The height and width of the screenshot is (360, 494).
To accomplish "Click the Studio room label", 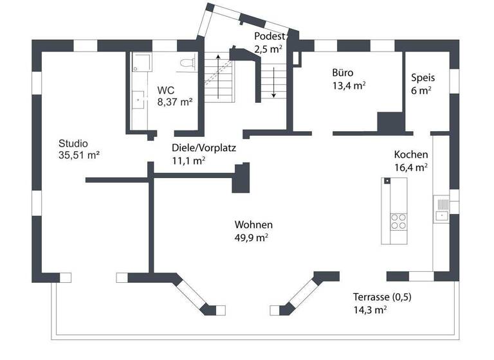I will pos(73,143).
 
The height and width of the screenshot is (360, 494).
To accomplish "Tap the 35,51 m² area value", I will pos(78,155).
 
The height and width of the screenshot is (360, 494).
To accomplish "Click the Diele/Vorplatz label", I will pos(204,148).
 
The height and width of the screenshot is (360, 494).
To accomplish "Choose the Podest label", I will pos(269,36).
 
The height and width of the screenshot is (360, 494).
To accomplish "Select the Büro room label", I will pos(343,73).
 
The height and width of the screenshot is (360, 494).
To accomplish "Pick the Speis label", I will pos(423,78).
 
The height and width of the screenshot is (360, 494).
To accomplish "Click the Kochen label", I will pos(411,155).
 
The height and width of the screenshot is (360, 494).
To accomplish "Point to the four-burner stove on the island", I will pos(399,221).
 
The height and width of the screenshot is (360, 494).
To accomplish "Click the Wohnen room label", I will pos(253,225).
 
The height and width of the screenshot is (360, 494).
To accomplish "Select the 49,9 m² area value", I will pos(252,237).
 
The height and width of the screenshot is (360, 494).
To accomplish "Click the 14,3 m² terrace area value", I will pos(370,309).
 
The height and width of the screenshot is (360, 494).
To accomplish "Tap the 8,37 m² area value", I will pos(176,102).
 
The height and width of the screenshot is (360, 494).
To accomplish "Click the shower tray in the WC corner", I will pos(140,62).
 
